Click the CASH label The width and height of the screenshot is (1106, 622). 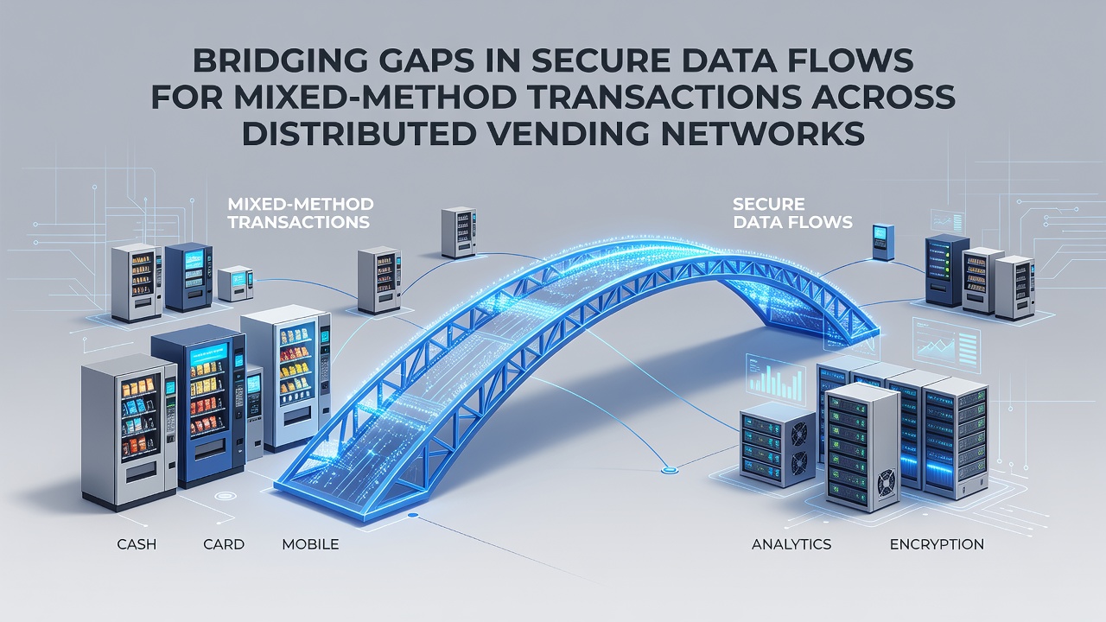(137, 544)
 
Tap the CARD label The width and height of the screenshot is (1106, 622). (224, 544)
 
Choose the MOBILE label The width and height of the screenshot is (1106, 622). (310, 544)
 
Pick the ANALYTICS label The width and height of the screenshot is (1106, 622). (791, 544)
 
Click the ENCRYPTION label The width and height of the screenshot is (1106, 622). (937, 544)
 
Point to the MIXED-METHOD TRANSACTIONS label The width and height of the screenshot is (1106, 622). (300, 213)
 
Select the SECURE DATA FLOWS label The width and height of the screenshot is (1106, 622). (792, 213)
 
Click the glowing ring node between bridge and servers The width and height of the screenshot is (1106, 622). (669, 471)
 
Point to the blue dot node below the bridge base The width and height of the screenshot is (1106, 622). (413, 516)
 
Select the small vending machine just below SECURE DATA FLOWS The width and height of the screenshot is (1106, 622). (883, 242)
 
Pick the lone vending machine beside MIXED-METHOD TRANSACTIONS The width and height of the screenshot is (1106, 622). (459, 232)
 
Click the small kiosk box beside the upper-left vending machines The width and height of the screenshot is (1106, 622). (236, 283)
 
